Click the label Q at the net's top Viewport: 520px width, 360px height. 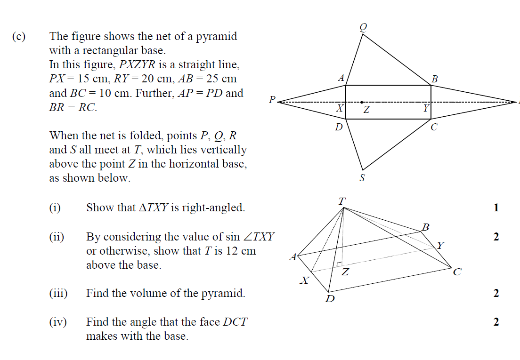[364, 27]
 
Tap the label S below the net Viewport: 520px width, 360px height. [362, 178]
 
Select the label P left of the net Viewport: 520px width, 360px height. [272, 99]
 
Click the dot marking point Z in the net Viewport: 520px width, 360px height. [361, 102]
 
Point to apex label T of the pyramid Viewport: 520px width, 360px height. [342, 201]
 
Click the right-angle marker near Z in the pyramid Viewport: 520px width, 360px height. [339, 264]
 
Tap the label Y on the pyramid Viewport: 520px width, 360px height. [440, 245]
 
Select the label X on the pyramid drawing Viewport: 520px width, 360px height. [304, 280]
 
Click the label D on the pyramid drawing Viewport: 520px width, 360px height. [330, 299]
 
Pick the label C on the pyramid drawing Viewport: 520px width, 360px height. [457, 272]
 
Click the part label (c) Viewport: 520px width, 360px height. [18, 36]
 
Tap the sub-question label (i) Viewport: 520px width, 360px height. [55, 208]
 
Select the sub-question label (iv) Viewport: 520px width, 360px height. [58, 322]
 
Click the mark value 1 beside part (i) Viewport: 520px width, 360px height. [496, 208]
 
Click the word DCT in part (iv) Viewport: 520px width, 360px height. [235, 322]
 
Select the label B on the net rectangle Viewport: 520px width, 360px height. [435, 79]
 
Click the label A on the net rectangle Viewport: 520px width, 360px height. [341, 78]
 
